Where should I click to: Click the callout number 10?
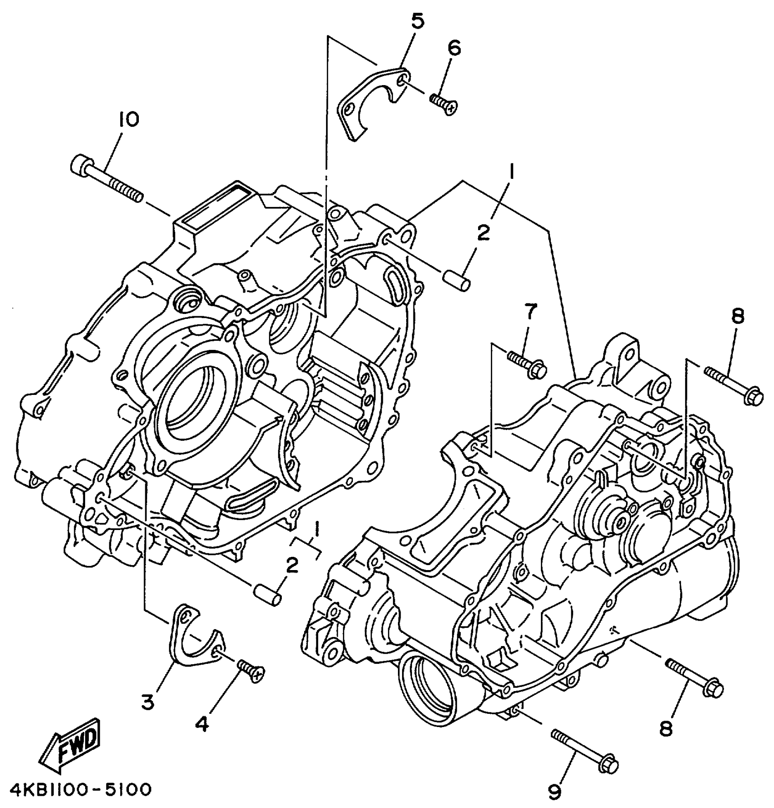coord(129,120)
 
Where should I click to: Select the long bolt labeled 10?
coord(107,179)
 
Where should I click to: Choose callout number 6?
coord(454,48)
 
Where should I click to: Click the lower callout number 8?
coord(666,729)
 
